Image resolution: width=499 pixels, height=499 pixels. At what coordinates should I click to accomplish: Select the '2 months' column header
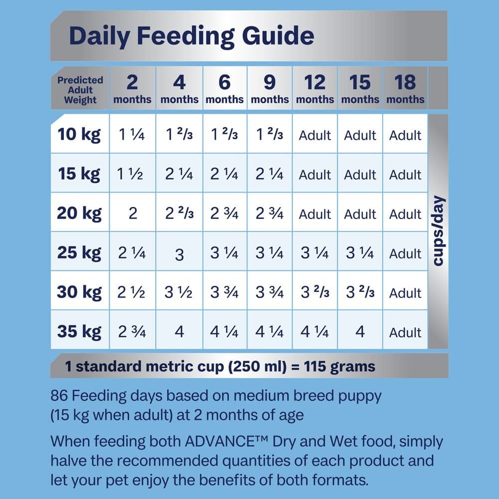(x=132, y=89)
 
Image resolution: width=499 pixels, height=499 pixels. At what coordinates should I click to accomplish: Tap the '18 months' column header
(x=405, y=89)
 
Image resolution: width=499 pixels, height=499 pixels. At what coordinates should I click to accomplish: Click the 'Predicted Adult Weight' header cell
(x=80, y=90)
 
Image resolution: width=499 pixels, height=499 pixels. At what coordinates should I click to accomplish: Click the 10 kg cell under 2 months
(x=132, y=135)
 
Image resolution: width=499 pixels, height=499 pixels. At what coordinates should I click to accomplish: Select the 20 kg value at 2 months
(x=132, y=214)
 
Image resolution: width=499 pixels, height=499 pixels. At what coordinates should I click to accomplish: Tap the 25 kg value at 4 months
(x=180, y=254)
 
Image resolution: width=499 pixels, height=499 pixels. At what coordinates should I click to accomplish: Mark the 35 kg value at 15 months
(x=360, y=332)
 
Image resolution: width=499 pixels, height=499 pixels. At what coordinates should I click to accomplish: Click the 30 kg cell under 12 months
(x=315, y=293)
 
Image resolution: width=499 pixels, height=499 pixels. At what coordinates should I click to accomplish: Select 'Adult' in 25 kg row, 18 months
(x=405, y=254)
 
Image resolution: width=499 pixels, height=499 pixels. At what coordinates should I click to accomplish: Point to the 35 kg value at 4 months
(x=180, y=332)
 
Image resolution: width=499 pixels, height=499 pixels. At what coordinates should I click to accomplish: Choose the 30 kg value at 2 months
(x=132, y=293)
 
